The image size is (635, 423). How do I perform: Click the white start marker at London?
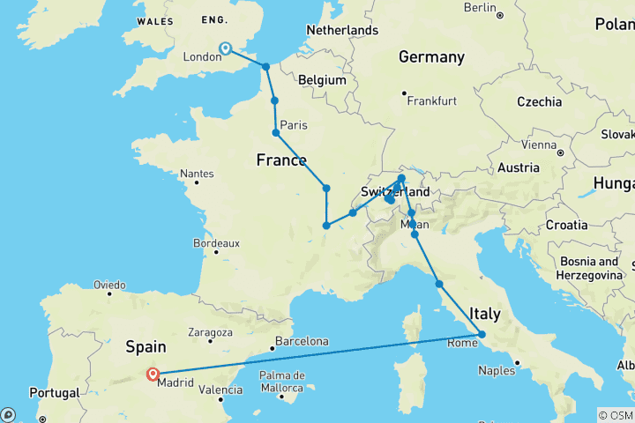coord(225,48)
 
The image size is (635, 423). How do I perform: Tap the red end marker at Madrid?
coord(153,373)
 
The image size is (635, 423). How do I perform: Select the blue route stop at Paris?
coord(276,133)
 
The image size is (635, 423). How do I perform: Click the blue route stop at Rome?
coord(482,333)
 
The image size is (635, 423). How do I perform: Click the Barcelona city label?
coord(302,341)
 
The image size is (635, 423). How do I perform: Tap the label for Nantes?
coord(197,174)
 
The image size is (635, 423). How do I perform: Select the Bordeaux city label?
coord(216,243)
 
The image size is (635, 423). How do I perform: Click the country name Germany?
coord(431,57)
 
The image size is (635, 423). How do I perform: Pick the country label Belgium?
coord(322,79)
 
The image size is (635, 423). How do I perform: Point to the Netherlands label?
coord(341,30)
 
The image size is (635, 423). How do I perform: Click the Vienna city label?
coord(539,145)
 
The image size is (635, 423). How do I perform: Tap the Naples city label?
coord(497,371)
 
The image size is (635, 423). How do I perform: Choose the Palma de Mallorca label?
coord(281,381)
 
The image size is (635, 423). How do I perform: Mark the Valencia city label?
coord(220,389)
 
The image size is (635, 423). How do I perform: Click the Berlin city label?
coord(481,8)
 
